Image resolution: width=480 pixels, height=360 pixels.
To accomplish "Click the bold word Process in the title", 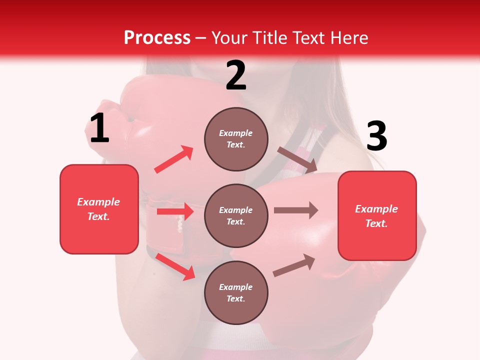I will tap(157, 38).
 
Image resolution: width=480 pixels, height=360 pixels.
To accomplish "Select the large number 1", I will tap(99, 128).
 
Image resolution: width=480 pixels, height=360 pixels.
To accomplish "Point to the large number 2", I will tap(236, 75).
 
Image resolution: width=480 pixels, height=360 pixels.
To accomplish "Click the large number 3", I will tap(376, 136).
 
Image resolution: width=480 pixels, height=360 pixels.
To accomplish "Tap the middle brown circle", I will tap(236, 215).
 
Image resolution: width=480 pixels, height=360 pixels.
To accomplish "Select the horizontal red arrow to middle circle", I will tap(175, 211).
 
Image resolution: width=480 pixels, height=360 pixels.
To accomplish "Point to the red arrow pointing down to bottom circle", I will tap(175, 266).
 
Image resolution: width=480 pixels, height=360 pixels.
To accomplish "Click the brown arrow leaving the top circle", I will tap(297, 159).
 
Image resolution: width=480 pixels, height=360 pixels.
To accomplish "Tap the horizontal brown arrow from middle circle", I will tap(295, 210).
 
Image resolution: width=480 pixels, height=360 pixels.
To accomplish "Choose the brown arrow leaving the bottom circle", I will tap(294, 265).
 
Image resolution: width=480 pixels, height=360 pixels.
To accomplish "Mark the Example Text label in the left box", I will tap(98, 209).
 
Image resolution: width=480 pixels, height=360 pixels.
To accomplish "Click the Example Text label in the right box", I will tap(376, 216).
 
